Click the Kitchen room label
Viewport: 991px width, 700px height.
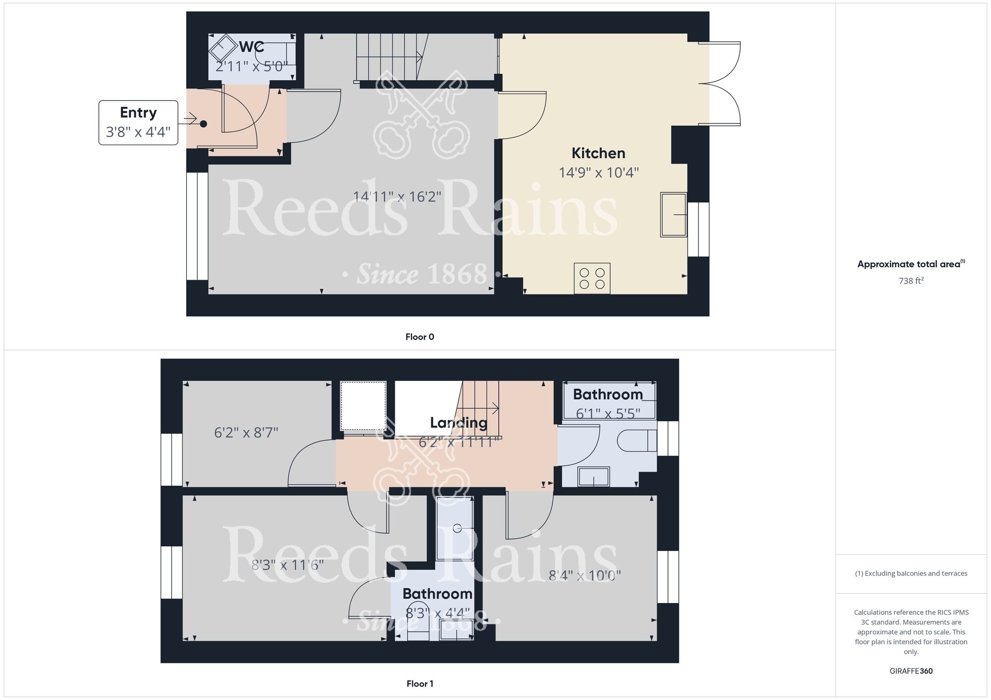tap(598, 153)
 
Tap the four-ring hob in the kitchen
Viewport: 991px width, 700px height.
tap(592, 278)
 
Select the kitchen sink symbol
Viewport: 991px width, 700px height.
tap(673, 214)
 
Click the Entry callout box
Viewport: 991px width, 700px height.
tap(138, 122)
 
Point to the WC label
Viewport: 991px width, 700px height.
tap(252, 47)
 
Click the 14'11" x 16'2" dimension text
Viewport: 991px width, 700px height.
tap(397, 197)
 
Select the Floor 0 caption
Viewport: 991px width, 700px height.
tap(420, 337)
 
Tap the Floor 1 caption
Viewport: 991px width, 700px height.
tap(420, 684)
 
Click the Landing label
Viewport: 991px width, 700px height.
tap(458, 422)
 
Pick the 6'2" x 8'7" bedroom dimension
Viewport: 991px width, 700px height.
tap(246, 433)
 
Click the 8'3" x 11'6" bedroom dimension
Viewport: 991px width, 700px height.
tap(287, 565)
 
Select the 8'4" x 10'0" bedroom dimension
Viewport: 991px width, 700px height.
tap(585, 575)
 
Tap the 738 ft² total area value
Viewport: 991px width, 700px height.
tap(911, 281)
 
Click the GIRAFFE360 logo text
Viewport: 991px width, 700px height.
tap(911, 671)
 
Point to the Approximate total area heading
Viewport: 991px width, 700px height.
tap(911, 264)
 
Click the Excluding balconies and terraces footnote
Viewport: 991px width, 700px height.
tap(911, 573)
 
